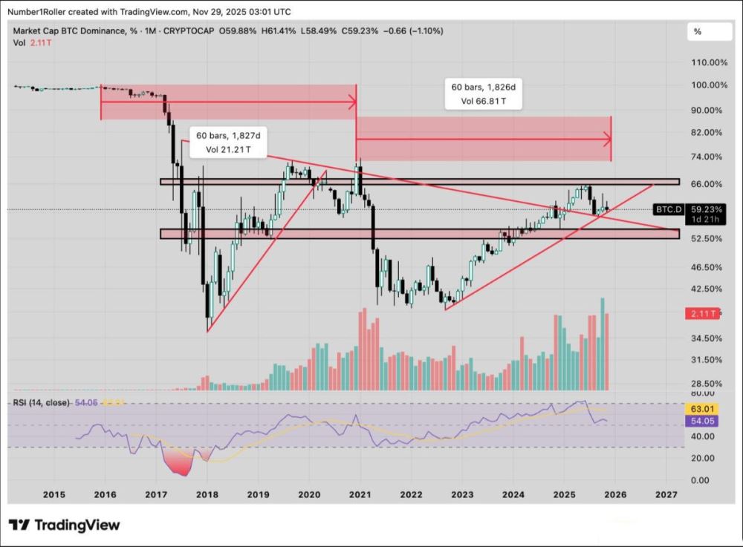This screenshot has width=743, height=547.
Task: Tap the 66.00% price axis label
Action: [x=707, y=184]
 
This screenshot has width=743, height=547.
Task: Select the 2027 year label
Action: [x=666, y=494]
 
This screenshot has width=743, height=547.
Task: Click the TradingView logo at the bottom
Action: [x=65, y=525]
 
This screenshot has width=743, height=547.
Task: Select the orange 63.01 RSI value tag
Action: [x=702, y=407]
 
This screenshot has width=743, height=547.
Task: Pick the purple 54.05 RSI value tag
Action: [x=702, y=420]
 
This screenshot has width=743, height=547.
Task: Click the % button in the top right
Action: [x=698, y=32]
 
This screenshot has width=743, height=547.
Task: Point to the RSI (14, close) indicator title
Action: [x=41, y=402]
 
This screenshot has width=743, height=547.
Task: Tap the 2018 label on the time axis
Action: [x=207, y=494]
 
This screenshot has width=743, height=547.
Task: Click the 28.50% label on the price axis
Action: [x=707, y=384]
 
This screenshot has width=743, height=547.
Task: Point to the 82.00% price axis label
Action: [x=707, y=132]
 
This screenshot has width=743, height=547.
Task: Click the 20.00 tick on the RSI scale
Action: [x=702, y=459]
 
